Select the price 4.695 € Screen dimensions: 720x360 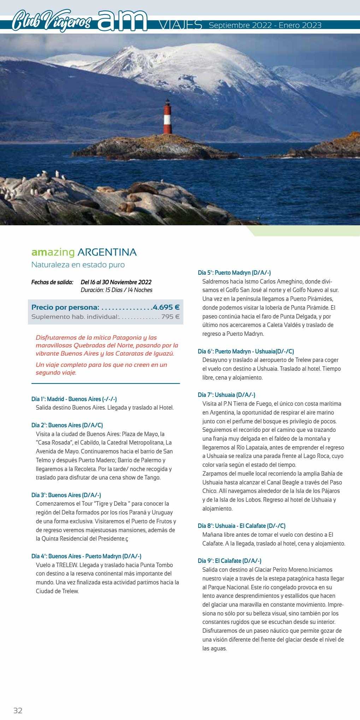pos(166,307)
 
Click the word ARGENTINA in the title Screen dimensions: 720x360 pos(107,252)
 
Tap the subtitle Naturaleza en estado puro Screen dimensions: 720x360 pos(78,264)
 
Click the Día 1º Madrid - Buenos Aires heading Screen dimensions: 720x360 pos(74,399)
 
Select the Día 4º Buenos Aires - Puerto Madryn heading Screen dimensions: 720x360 pos(87,556)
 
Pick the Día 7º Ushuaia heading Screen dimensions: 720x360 pos(226,395)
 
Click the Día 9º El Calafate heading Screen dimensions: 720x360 pos(230,561)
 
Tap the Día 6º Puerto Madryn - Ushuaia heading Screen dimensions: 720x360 pos(246,351)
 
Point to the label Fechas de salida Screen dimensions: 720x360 pos(52,282)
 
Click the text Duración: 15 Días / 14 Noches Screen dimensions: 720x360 pos(117,290)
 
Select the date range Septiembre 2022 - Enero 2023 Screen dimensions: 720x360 pos(265,25)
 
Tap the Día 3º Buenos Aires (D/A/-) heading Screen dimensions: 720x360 pos(66,495)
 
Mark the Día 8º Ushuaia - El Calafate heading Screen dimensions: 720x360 pos(242,526)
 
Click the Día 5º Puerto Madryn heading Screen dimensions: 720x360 pos(234,273)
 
